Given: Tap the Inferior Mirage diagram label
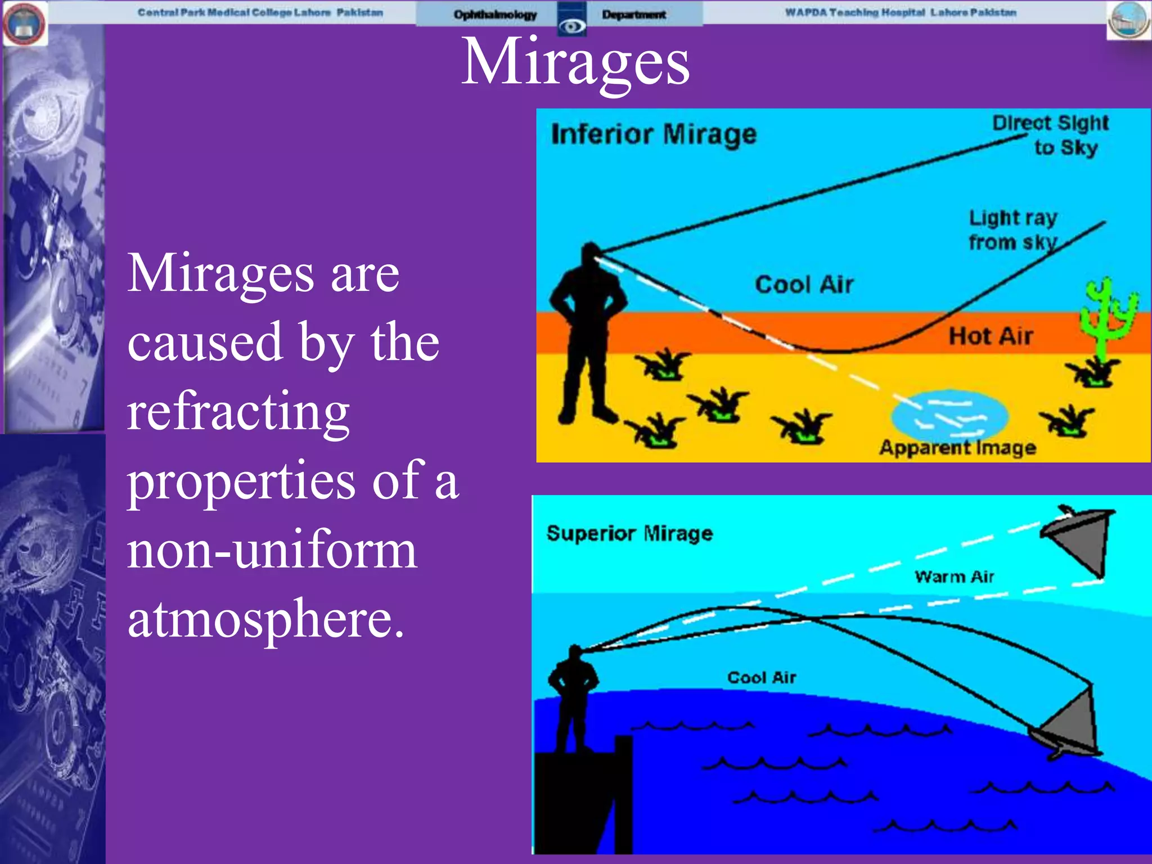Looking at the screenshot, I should (654, 135).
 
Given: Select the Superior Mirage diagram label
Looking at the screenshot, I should (629, 533).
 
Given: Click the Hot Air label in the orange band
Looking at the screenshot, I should (991, 336).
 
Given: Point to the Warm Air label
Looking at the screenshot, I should (954, 577).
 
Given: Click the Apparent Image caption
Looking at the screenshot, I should (957, 448).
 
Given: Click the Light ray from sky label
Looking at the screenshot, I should (1012, 229).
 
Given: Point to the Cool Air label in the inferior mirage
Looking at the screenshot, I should (804, 285).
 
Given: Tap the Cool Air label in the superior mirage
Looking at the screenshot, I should (762, 677).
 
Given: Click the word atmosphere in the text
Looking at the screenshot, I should (265, 619).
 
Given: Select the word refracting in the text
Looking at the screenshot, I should (238, 411).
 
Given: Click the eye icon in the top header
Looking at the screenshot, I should (571, 25).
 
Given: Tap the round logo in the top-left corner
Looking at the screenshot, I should (24, 24).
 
